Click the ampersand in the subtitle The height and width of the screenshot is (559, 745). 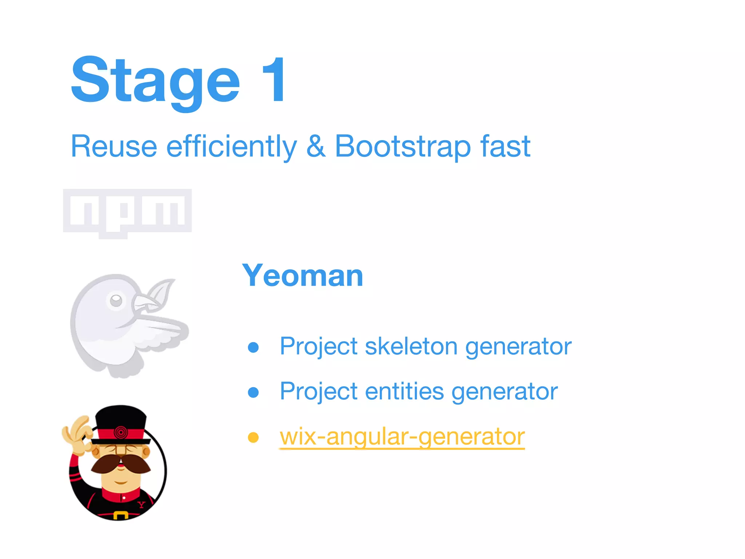click(x=316, y=146)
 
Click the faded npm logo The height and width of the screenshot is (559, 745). click(x=127, y=213)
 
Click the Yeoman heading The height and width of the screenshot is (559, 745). click(x=303, y=275)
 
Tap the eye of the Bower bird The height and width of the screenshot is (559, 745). click(x=116, y=300)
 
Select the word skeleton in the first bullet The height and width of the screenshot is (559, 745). click(x=411, y=346)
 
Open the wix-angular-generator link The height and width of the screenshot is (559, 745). click(x=402, y=436)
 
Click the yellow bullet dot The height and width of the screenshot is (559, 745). click(x=253, y=437)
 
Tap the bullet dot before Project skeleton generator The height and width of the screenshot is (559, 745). click(x=253, y=347)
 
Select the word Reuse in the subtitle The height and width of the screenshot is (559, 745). click(x=114, y=146)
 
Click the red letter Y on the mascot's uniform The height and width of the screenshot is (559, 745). click(x=141, y=504)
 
